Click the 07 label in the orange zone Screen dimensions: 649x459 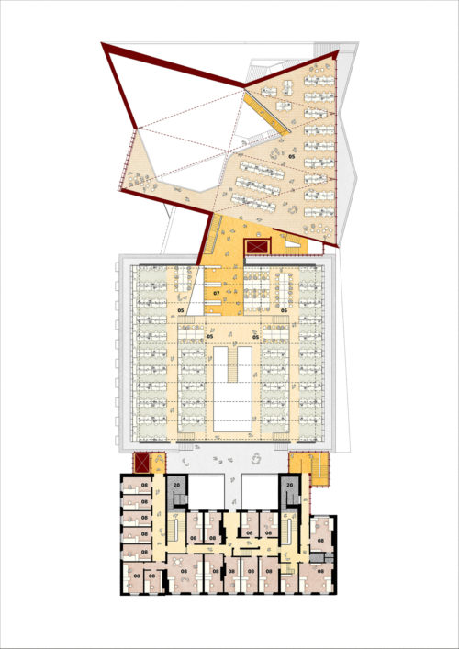pos(217,294)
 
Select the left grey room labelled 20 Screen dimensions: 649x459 pos(176,486)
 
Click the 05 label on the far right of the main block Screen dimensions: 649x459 pos(285,312)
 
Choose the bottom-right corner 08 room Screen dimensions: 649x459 pos(321,575)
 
